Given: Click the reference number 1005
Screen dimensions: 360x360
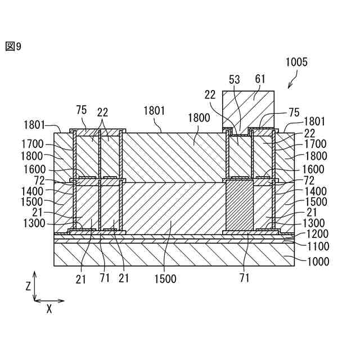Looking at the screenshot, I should click(x=296, y=62).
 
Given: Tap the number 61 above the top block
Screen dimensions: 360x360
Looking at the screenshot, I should click(x=260, y=79).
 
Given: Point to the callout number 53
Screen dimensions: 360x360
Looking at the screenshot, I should click(x=235, y=79).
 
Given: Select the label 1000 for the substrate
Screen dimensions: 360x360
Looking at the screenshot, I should click(x=318, y=261).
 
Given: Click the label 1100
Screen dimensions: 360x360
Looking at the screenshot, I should click(x=318, y=246).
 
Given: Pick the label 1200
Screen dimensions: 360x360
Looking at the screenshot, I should click(x=318, y=234).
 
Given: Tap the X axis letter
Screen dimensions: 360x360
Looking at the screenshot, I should click(x=49, y=309).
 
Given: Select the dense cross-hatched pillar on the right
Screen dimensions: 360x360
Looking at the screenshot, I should click(x=239, y=205).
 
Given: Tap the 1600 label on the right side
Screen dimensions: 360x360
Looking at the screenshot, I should click(x=313, y=169).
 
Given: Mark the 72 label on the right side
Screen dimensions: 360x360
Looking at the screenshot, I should click(x=309, y=181).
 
